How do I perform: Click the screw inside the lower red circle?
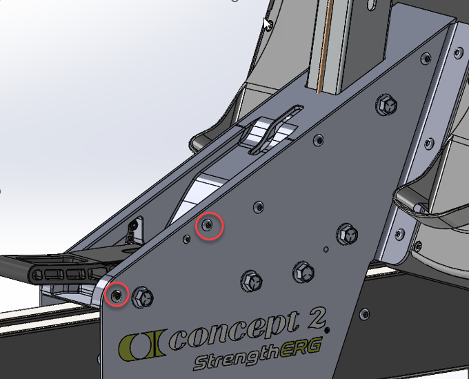point(117,295)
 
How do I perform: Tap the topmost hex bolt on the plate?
point(388,105)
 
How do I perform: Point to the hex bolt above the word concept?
point(250,280)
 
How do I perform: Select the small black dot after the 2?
point(328,329)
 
